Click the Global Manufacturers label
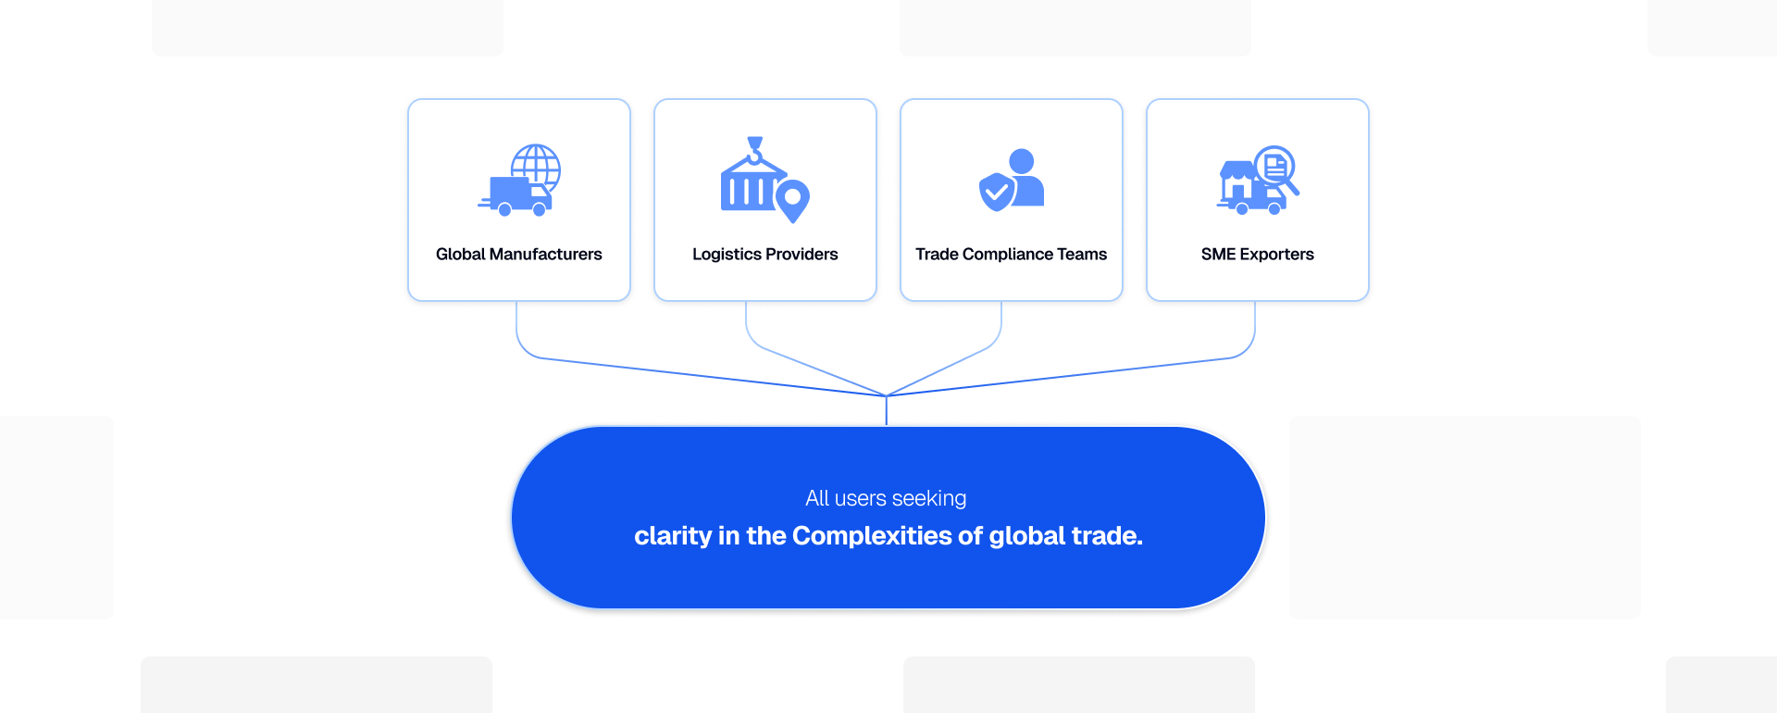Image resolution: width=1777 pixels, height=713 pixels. pos(518,254)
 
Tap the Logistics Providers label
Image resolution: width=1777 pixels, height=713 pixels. pos(764,254)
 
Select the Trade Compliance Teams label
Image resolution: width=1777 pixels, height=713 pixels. pos(1011,254)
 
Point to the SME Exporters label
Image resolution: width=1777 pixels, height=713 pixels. pos(1257,254)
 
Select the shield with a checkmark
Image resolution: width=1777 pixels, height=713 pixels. pos(996,193)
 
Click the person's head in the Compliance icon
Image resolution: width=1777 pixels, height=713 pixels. pos(1022,161)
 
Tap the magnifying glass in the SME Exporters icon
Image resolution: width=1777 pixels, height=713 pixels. pos(1277,168)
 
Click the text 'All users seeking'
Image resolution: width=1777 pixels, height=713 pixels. pos(886,498)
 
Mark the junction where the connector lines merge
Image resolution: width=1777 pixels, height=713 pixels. pos(887,395)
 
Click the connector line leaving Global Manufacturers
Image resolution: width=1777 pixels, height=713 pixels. pos(516,330)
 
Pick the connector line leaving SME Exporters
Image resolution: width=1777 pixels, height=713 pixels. pos(1255,330)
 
